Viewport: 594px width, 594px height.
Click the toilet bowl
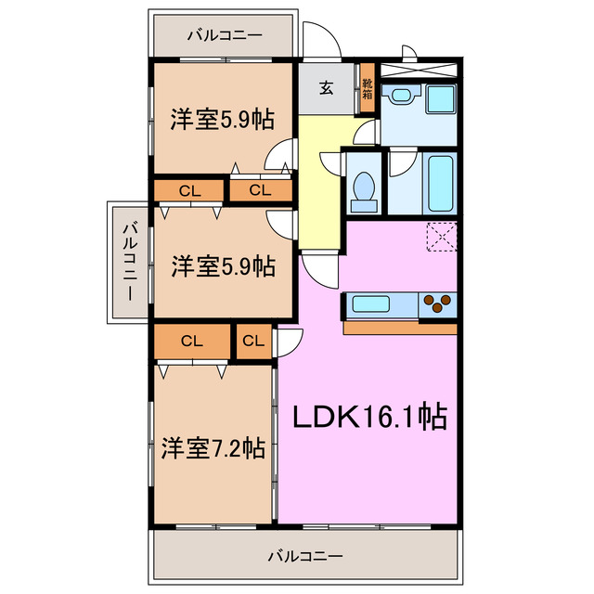[x=363, y=186]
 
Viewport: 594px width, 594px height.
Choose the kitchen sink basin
[x=371, y=303]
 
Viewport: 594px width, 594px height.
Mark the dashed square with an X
[x=442, y=236]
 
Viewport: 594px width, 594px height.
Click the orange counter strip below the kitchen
[x=400, y=328]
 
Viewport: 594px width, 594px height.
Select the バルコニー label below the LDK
[x=305, y=557]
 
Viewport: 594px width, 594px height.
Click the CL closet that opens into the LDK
[x=252, y=341]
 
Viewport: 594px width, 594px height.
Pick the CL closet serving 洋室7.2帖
[x=192, y=341]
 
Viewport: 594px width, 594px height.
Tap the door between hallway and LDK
[x=319, y=270]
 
